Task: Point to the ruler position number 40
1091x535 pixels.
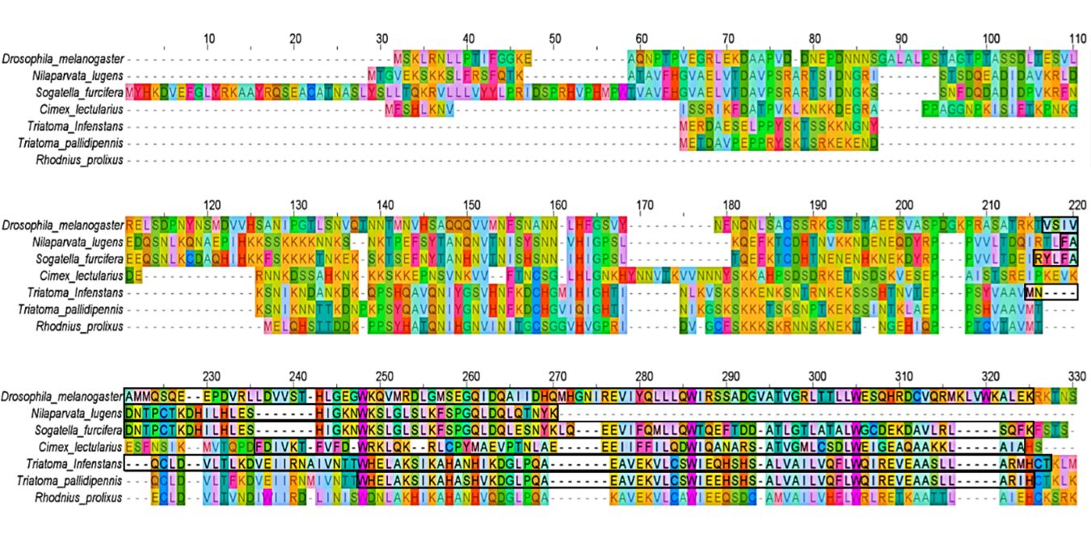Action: click(469, 37)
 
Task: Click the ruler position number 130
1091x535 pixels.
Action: click(299, 204)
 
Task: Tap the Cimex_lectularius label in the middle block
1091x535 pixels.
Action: click(81, 276)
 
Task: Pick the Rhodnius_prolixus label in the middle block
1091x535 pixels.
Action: click(79, 326)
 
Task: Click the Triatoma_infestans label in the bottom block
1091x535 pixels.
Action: click(77, 464)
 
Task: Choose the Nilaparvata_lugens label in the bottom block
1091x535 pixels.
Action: click(78, 413)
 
